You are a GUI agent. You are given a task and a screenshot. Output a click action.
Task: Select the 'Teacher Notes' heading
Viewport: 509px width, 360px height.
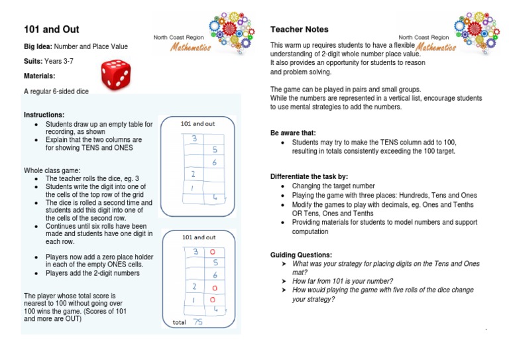pos(299,30)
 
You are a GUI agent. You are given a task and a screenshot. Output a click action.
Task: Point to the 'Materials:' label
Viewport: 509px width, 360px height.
pos(39,76)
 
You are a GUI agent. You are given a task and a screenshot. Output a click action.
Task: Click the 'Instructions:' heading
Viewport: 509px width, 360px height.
pos(44,115)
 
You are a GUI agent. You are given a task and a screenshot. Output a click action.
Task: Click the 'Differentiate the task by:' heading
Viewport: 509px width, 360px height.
pos(309,176)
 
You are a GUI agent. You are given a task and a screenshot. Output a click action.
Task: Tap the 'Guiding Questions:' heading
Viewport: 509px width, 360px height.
pos(301,255)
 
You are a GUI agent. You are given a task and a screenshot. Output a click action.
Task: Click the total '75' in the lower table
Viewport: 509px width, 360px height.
pos(198,321)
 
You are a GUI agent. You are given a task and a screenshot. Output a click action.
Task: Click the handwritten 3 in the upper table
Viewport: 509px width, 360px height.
pos(194,139)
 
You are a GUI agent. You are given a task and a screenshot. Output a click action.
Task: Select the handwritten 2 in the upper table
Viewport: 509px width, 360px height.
pos(194,174)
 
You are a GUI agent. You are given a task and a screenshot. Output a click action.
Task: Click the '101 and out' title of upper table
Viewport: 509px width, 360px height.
pos(198,123)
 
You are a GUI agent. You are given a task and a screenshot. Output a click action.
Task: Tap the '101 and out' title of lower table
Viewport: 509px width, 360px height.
pos(198,237)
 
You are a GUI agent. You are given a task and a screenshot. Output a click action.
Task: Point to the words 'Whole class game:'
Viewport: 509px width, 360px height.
pos(51,170)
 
